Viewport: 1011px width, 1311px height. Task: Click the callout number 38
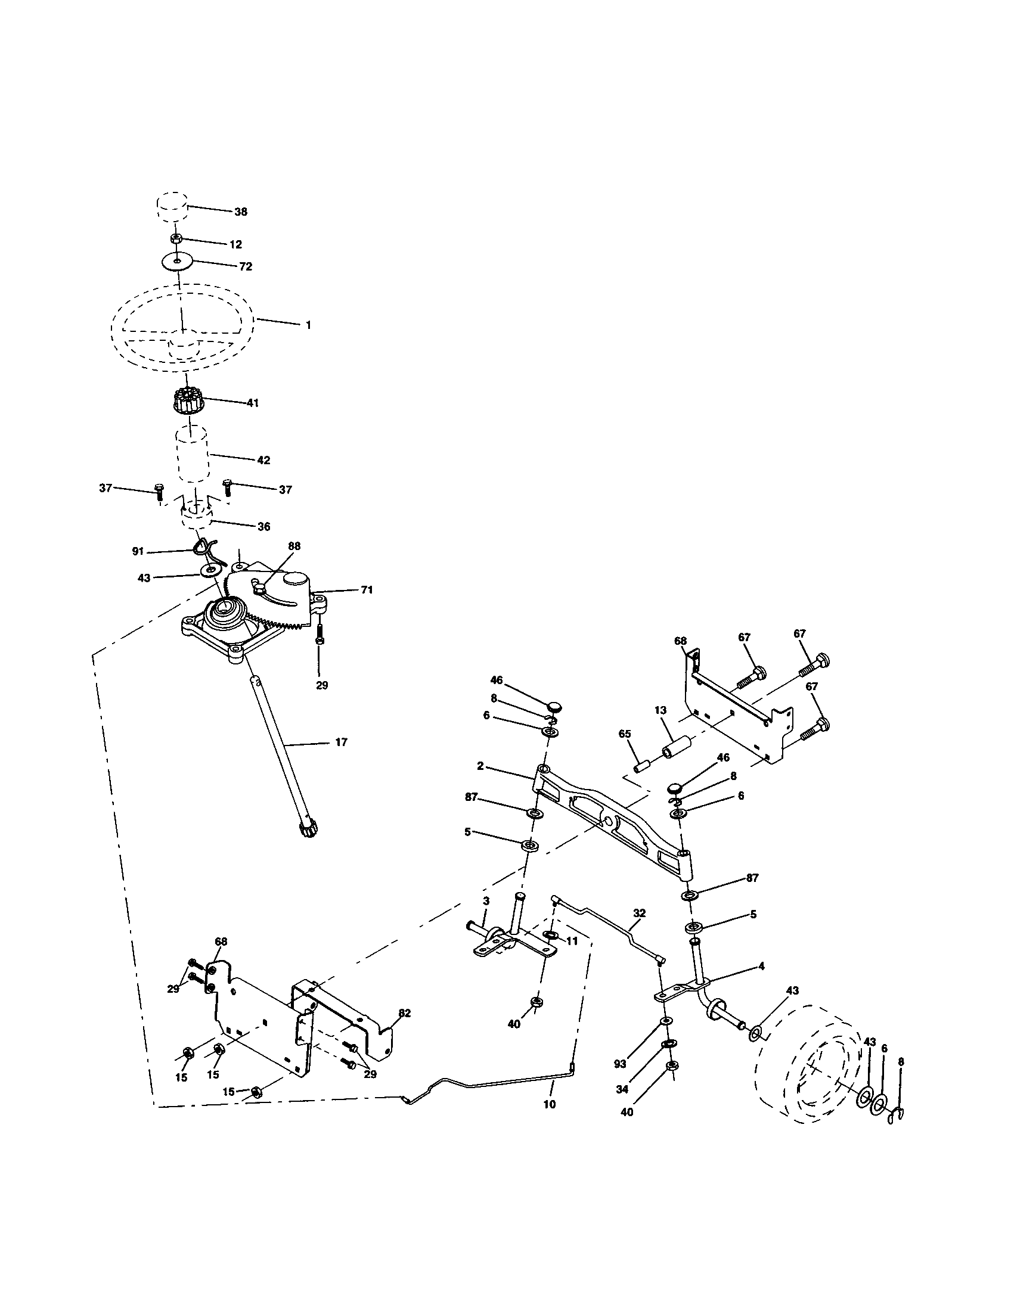[240, 212]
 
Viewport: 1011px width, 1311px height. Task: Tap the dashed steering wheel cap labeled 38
[172, 207]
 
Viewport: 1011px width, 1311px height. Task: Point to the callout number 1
[308, 325]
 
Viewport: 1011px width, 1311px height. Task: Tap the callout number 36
[263, 526]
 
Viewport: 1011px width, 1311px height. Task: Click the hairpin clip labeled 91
[204, 548]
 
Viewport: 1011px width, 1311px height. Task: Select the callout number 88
[294, 546]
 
